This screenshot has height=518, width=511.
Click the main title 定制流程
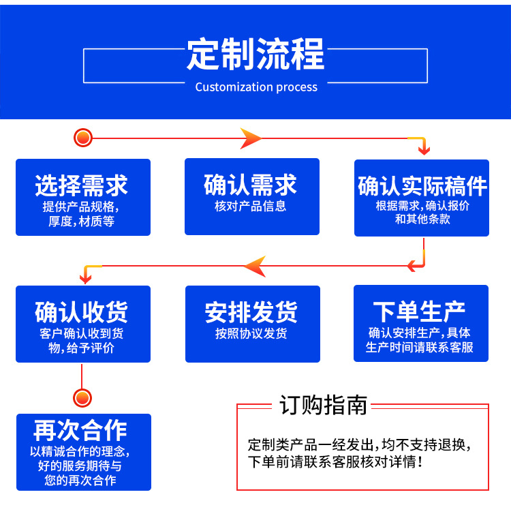coord(255,55)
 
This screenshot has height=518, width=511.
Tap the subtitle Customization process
coord(256,87)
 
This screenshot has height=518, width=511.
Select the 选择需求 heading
coord(82,185)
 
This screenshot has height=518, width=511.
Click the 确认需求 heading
coord(251,185)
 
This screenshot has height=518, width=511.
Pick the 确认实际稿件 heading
coord(422,186)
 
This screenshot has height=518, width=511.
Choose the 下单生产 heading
coord(420,311)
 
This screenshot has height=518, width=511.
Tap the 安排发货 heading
coord(251,312)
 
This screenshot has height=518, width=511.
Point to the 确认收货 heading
coord(82,312)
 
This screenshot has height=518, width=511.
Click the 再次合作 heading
coord(82,431)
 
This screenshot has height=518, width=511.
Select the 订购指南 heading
coord(323,405)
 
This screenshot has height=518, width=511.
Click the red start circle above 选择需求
coord(83,138)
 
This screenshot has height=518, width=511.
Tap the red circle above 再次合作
coord(82,397)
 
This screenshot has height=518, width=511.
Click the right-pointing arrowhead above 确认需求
coord(251,138)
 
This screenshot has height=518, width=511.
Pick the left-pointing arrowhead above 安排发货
coord(255,266)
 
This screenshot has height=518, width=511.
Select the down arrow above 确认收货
coord(85,276)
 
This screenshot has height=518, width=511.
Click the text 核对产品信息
coord(251,207)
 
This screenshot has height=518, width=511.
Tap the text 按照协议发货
coord(251,334)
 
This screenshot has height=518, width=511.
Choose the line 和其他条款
coord(422,219)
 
